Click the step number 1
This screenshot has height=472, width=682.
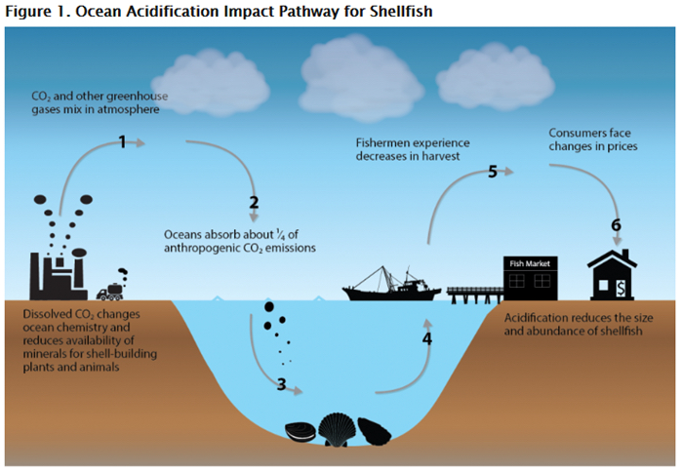point(123,142)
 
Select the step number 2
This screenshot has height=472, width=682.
point(254,203)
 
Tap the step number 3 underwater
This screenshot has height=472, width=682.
point(281,384)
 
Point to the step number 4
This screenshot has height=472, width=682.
point(426,339)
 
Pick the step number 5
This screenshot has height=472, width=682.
point(493,172)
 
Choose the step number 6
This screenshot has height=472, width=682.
point(616,225)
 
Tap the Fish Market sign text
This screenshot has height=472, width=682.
point(530,263)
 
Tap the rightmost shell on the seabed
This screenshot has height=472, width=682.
point(374,430)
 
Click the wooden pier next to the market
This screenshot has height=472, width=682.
point(472,292)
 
